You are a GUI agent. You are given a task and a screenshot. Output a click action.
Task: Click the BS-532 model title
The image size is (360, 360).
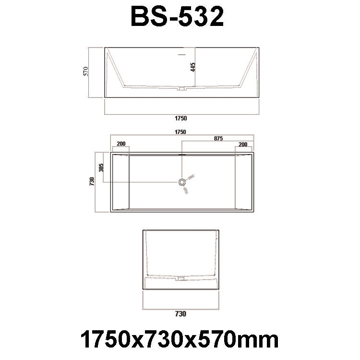point(177,17)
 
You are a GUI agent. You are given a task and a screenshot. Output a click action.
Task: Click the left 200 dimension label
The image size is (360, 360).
point(120,144)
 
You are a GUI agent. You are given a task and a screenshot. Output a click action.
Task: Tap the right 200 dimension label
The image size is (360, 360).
point(243,144)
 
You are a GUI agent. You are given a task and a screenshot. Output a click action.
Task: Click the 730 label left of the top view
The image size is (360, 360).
point(92,181)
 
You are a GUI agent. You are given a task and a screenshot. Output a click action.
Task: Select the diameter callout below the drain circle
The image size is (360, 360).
point(186,191)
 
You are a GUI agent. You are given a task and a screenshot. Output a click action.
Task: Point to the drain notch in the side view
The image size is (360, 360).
point(181,89)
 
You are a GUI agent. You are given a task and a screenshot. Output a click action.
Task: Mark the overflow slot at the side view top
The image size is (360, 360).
point(181,55)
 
